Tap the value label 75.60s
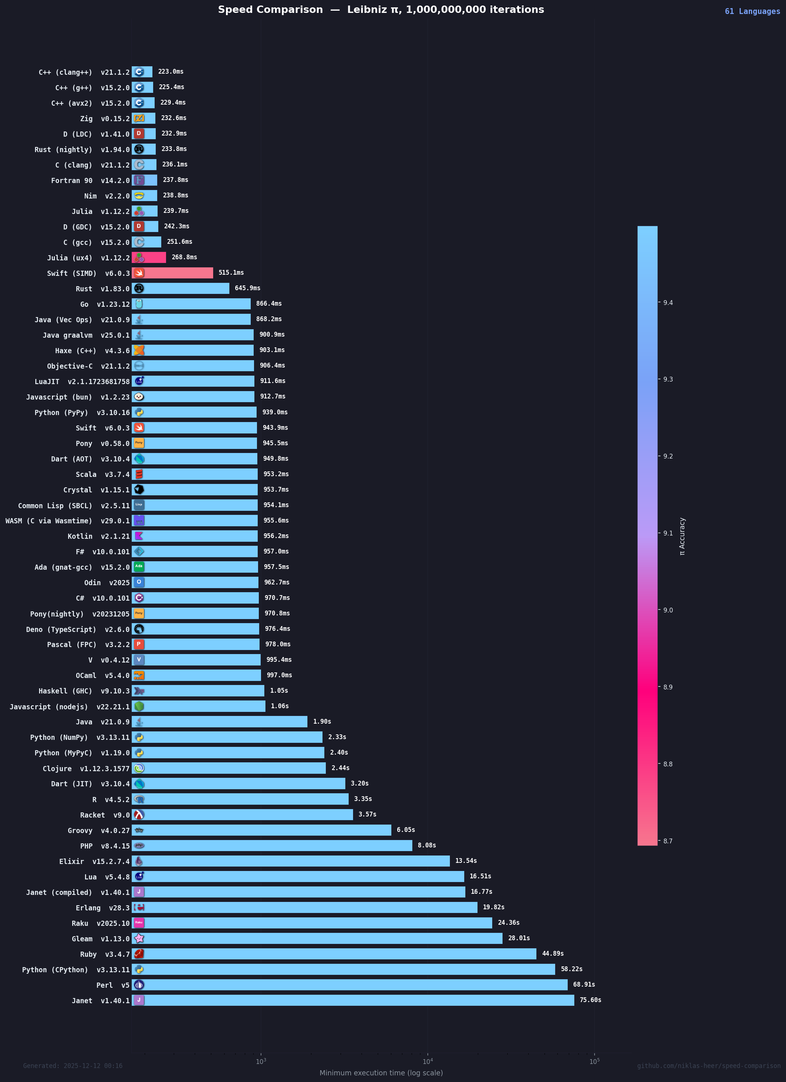(590, 1000)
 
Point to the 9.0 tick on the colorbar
(668, 610)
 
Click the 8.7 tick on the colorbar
(668, 841)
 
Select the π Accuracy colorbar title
(682, 536)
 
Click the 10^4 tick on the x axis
(427, 1061)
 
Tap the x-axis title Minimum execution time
(381, 1073)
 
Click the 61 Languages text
(752, 11)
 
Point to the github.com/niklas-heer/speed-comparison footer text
(709, 1066)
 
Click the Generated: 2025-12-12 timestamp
(73, 1066)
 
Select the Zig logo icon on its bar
(139, 118)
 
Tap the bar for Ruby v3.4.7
(334, 954)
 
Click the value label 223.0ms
(171, 71)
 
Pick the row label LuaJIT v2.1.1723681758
(82, 382)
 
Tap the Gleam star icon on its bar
(139, 938)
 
